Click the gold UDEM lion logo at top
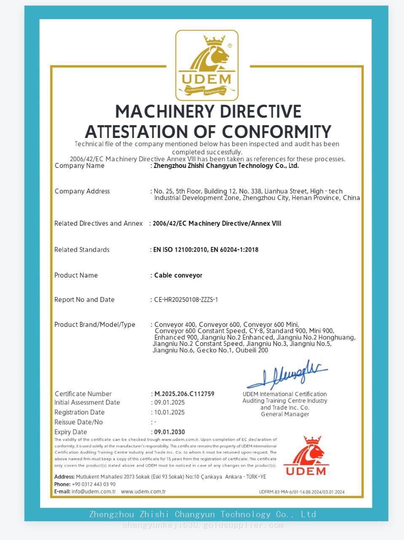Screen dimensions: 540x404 (207, 65)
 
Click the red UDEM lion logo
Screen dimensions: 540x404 (306, 456)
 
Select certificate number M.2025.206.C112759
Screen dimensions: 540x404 (185, 394)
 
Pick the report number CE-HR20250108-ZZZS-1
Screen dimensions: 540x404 (186, 300)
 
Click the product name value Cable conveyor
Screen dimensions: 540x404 (178, 275)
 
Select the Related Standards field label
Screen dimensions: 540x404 (82, 250)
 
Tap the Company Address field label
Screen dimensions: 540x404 (82, 191)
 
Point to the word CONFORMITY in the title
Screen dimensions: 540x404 (276, 132)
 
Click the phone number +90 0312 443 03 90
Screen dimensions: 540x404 (94, 484)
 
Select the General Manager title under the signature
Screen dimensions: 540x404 (285, 414)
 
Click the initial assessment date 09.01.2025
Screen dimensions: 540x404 (169, 402)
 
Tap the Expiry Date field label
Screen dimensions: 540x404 (71, 432)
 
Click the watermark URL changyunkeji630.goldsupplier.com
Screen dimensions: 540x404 (203, 525)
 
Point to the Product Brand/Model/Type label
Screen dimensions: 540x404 (95, 324)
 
